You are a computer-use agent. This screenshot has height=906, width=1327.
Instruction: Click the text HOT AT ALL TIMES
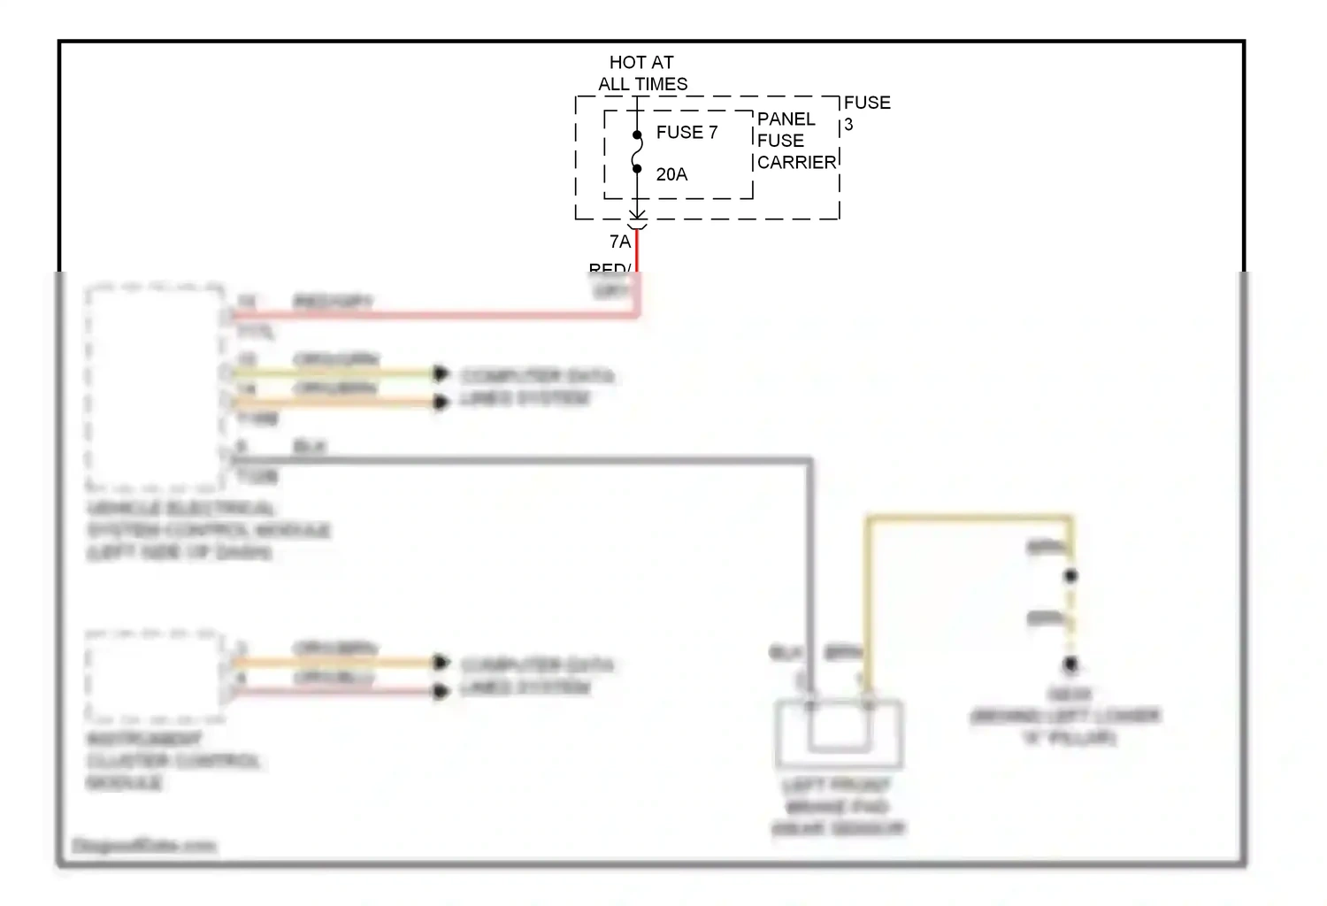coord(642,73)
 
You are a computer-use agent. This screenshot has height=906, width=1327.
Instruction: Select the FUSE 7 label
coord(687,133)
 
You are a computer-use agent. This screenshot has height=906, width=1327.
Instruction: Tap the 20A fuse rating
coord(671,174)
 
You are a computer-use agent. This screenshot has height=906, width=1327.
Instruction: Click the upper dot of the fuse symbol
coord(637,135)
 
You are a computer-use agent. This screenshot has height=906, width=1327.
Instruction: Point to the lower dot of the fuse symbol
coord(637,169)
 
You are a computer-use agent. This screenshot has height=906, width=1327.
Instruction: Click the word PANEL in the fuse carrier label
coord(786,119)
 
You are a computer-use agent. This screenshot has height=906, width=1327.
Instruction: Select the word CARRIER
coord(796,163)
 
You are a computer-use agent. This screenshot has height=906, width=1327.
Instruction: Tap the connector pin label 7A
coord(619,242)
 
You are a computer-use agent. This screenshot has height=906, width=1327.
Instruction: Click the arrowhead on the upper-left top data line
coord(440,374)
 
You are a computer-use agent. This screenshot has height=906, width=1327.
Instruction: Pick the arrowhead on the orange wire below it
coord(440,403)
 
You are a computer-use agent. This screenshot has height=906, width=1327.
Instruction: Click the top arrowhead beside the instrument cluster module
coord(440,662)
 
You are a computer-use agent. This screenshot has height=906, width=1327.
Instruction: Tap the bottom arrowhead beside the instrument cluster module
coord(440,691)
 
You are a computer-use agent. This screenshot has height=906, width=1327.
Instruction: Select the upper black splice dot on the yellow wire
coord(1070,576)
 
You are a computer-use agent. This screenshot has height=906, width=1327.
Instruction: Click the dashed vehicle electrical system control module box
coord(155,388)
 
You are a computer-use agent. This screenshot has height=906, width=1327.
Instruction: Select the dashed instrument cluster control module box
coord(155,675)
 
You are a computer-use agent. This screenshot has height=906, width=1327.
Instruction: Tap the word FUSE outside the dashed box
coord(867,103)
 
